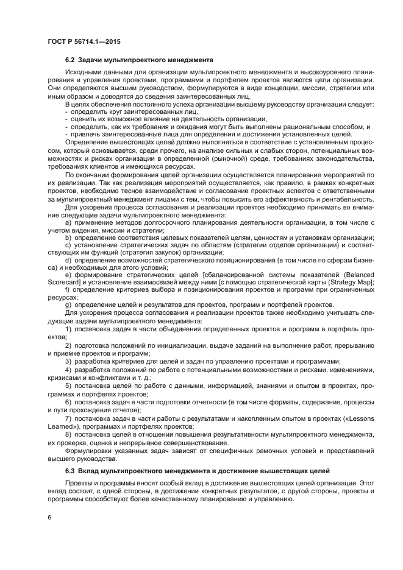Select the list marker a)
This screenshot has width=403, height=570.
tap(68, 222)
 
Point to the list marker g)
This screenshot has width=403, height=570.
tap(68, 303)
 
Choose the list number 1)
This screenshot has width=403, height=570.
tap(68, 329)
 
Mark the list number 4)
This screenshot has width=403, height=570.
tap(68, 370)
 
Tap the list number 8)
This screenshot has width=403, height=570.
tap(68, 434)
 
